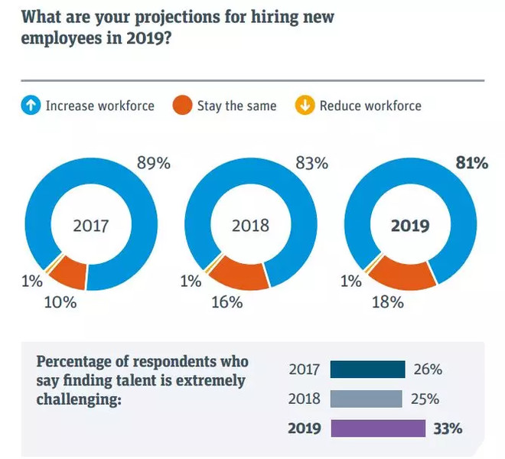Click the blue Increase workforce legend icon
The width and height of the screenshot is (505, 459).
tap(31, 106)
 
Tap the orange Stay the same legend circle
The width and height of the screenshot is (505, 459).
tap(182, 106)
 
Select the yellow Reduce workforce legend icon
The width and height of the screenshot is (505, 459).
tap(305, 106)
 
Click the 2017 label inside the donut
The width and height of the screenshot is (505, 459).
tap(92, 226)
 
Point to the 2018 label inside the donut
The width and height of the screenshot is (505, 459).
tap(251, 226)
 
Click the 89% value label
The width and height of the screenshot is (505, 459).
tap(153, 163)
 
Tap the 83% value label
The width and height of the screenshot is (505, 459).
tap(311, 163)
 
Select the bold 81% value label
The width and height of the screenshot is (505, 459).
tap(471, 163)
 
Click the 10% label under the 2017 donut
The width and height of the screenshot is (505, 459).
tap(61, 302)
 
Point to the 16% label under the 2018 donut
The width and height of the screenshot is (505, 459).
tap(226, 302)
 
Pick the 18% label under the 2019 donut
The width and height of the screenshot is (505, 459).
tap(386, 302)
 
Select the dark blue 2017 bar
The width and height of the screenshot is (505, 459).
tap(367, 369)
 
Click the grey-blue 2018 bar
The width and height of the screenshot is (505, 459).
tap(366, 399)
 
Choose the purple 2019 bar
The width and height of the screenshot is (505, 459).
tap(377, 428)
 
